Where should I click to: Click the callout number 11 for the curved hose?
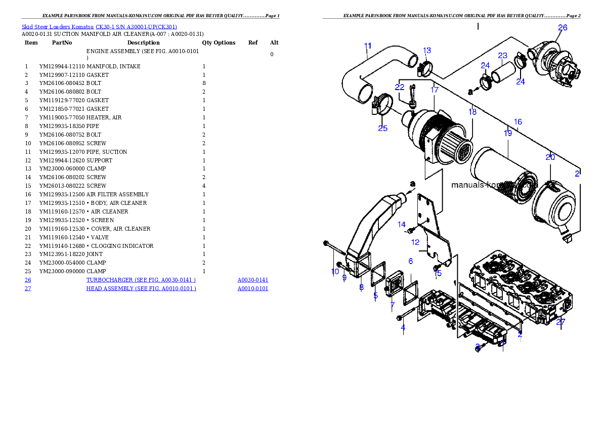(x=368, y=46)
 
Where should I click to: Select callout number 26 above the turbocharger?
(x=563, y=28)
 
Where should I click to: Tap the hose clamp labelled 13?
(x=425, y=67)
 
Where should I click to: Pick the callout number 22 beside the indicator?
(x=400, y=87)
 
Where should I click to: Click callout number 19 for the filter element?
(x=507, y=133)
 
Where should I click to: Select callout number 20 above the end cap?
(x=550, y=157)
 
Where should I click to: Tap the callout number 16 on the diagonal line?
(x=518, y=122)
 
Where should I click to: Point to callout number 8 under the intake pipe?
(x=361, y=287)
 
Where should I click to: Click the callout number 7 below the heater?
(x=392, y=305)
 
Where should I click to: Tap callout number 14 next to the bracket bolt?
(x=402, y=224)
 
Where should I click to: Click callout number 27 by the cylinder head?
(x=560, y=322)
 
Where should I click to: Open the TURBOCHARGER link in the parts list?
(x=141, y=280)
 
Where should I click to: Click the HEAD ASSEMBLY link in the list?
(x=141, y=288)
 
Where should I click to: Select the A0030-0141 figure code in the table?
(x=252, y=280)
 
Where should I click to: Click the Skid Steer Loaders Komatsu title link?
(x=99, y=27)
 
